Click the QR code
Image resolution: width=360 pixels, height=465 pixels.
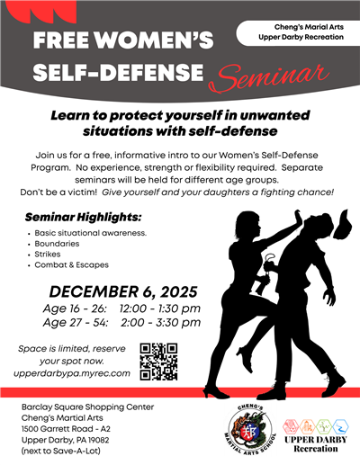click(158, 362)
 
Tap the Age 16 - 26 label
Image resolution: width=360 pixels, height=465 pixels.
click(76, 309)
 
